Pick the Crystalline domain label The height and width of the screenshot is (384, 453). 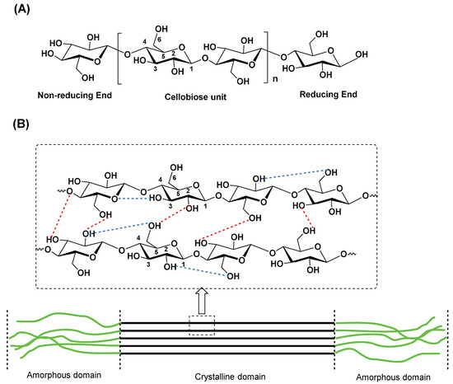[227, 374]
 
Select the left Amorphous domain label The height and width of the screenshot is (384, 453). [62, 374]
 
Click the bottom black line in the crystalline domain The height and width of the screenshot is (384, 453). [227, 354]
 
